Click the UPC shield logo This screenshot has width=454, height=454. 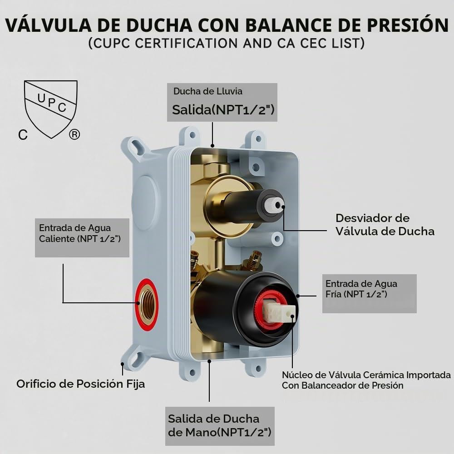click(51, 109)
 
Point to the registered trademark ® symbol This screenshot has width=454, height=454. click(74, 134)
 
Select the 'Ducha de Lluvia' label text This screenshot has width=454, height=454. click(208, 91)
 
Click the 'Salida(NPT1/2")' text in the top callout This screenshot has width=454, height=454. click(223, 110)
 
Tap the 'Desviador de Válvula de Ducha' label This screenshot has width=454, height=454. click(385, 225)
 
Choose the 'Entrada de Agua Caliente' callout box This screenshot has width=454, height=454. click(82, 238)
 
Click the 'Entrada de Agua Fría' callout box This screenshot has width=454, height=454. click(370, 294)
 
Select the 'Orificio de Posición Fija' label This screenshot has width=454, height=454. click(81, 384)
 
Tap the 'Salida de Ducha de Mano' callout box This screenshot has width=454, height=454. click(220, 426)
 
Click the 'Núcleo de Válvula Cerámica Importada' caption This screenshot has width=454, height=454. click(366, 375)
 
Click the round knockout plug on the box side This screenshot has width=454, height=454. click(145, 199)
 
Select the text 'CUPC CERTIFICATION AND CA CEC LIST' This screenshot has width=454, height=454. click(227, 44)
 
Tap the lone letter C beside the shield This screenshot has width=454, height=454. click(23, 135)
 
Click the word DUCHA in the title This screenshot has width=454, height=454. click(159, 25)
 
